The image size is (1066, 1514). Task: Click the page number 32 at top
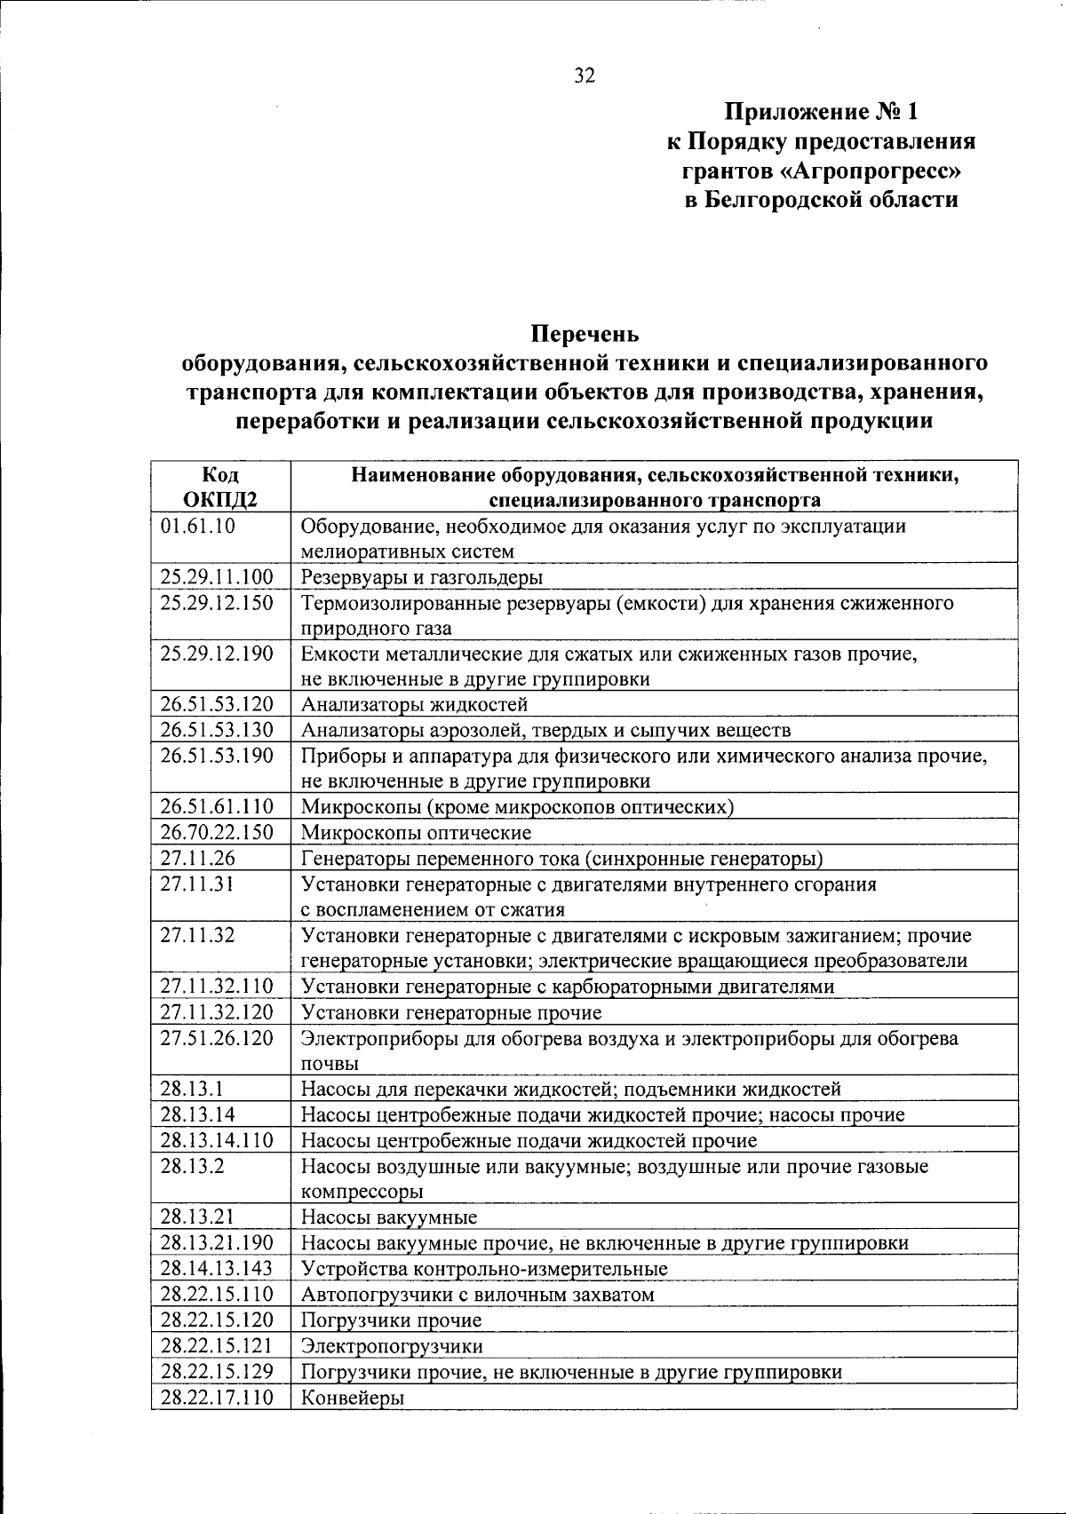(584, 75)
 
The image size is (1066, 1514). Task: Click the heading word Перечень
(585, 335)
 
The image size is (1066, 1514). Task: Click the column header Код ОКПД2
(220, 487)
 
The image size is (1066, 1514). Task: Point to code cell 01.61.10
(198, 526)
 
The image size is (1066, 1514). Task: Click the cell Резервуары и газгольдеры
(422, 577)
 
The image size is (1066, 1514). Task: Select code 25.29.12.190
(217, 654)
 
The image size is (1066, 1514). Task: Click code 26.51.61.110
(217, 806)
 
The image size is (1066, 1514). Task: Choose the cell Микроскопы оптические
(416, 833)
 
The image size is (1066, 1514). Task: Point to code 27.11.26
(197, 858)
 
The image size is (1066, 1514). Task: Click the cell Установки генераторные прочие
(451, 1012)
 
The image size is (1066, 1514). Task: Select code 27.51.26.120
(217, 1038)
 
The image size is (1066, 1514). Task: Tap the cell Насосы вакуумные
(389, 1217)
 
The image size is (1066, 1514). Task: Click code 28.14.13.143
(217, 1268)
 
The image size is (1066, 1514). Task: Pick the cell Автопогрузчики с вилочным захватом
(477, 1295)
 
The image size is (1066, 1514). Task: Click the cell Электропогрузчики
(392, 1346)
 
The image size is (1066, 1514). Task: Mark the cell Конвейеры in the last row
(353, 1398)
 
